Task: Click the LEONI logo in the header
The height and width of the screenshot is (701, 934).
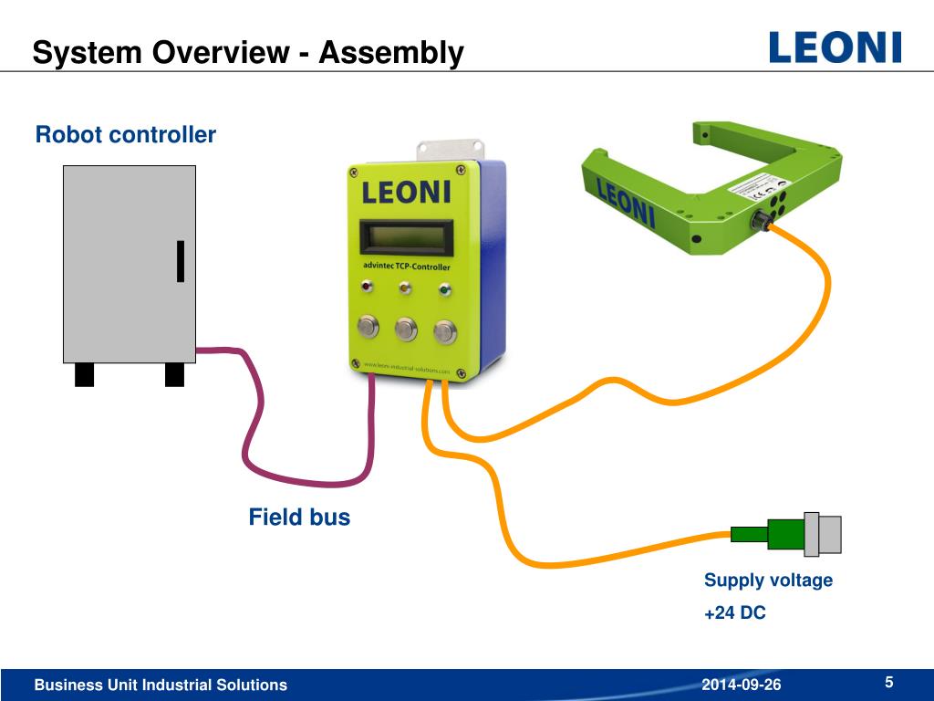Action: click(x=835, y=47)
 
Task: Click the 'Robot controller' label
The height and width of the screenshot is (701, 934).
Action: click(x=126, y=135)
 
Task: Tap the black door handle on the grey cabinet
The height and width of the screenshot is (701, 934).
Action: click(x=181, y=260)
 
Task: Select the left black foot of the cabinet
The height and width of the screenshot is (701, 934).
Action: click(x=84, y=374)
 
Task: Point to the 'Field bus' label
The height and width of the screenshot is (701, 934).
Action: click(x=299, y=518)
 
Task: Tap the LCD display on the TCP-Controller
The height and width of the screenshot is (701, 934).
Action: click(x=407, y=238)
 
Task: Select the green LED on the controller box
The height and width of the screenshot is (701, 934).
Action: click(x=444, y=291)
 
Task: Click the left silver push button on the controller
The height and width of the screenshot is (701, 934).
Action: click(x=368, y=327)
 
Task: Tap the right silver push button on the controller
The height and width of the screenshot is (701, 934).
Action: click(x=445, y=330)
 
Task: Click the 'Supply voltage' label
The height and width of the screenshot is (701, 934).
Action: click(x=768, y=581)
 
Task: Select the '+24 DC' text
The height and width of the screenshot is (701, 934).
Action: click(x=734, y=613)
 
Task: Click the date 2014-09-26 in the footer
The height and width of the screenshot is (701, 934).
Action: click(x=742, y=685)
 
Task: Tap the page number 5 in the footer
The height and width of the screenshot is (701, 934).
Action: click(x=888, y=683)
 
